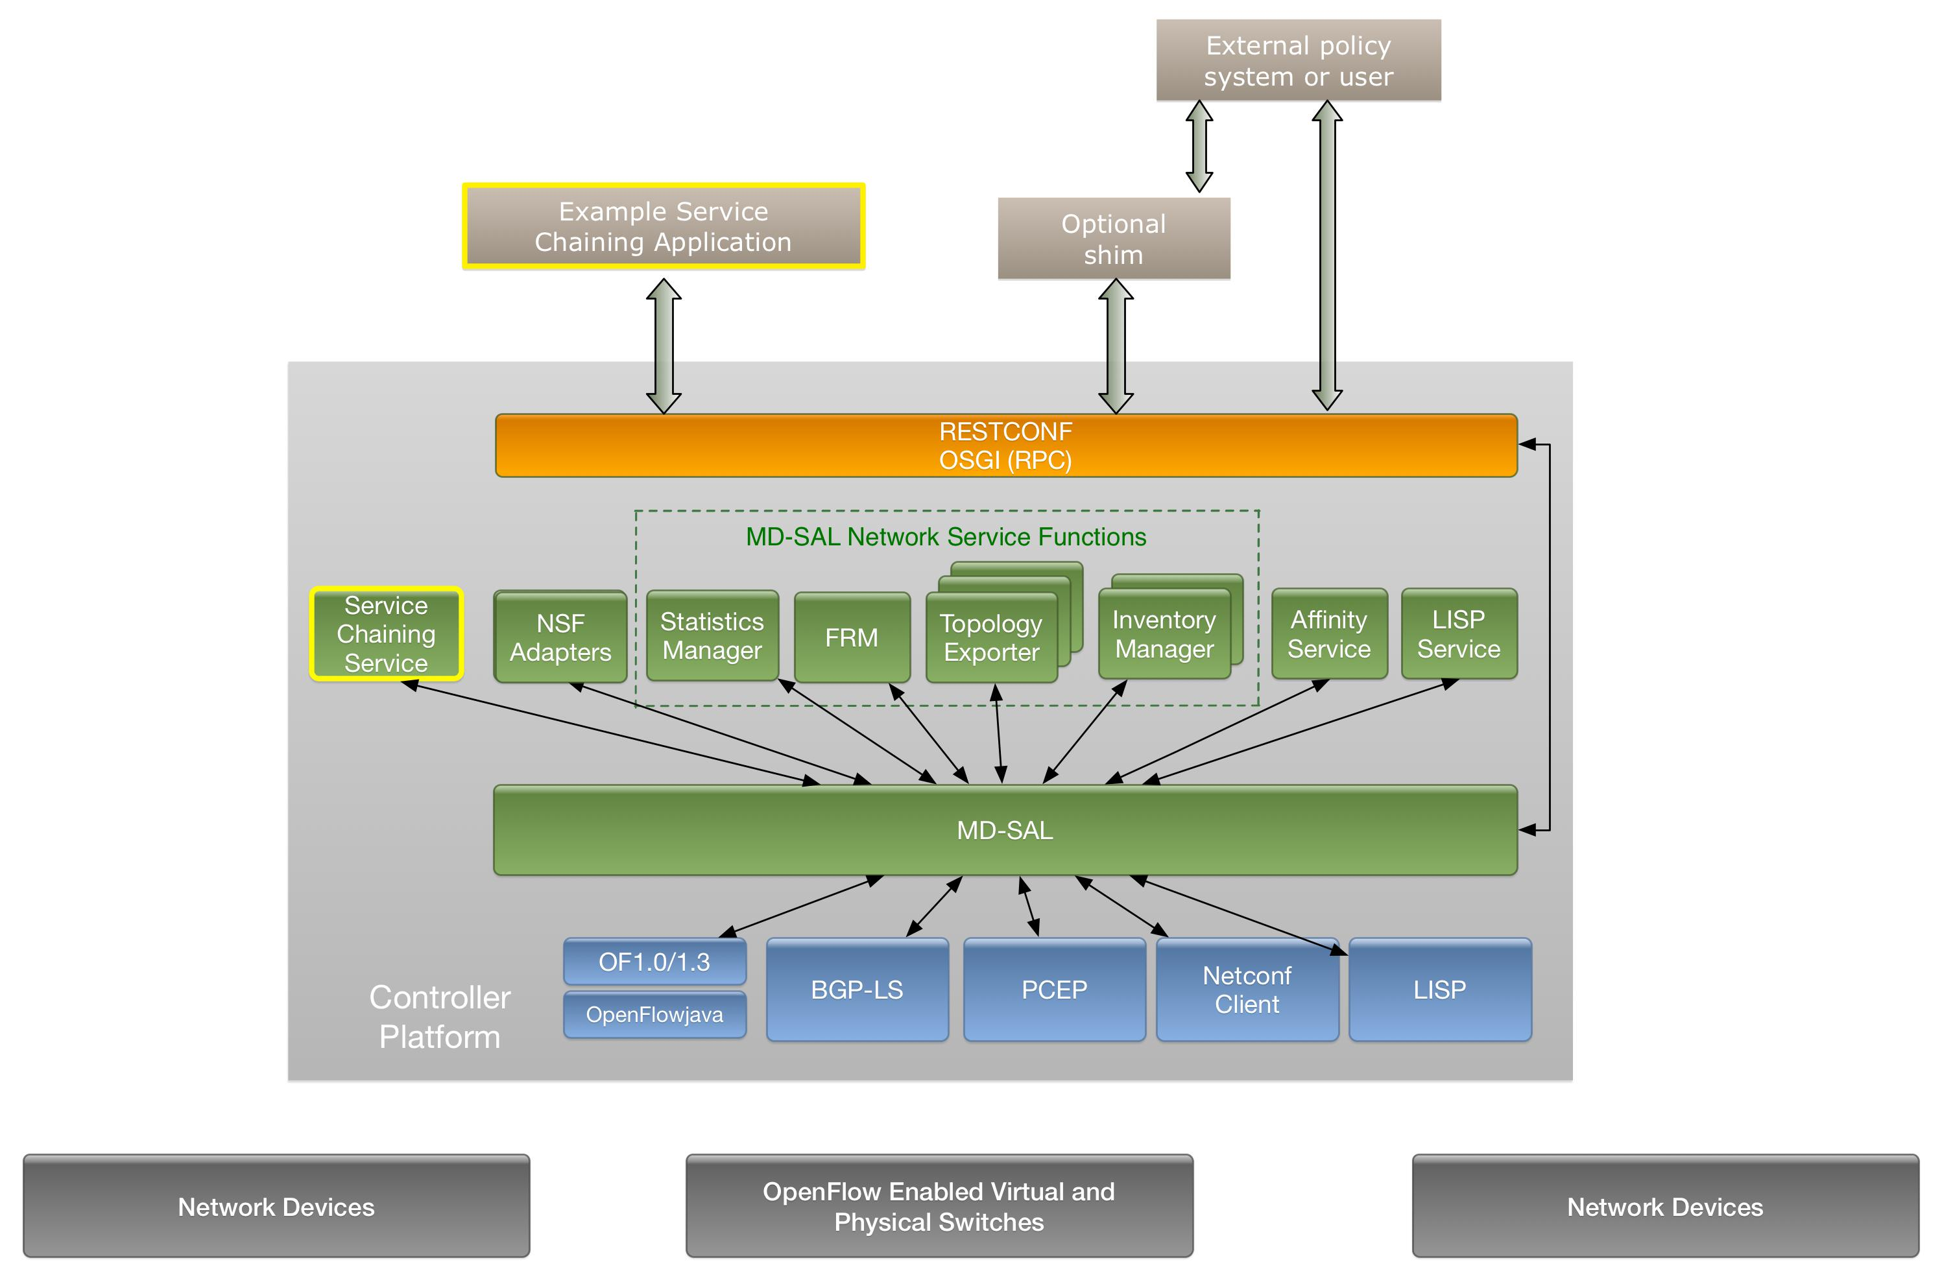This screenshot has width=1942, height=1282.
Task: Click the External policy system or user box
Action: tap(1298, 60)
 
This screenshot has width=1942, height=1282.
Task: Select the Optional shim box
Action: tap(1113, 239)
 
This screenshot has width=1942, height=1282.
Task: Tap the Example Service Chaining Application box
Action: tap(663, 226)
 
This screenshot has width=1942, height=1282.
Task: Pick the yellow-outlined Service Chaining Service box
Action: tap(386, 634)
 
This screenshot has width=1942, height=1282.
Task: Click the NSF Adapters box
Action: tap(560, 637)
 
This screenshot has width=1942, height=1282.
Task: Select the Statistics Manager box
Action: tap(712, 635)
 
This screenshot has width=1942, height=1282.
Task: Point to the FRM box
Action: tap(851, 637)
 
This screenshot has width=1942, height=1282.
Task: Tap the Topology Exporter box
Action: tap(991, 637)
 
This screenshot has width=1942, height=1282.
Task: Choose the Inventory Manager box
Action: tap(1164, 634)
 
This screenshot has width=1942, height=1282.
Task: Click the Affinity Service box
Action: tap(1329, 634)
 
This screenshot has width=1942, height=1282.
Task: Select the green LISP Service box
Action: tap(1458, 634)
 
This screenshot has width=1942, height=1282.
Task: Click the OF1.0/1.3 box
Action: tap(654, 962)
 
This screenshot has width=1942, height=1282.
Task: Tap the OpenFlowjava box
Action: tap(654, 1015)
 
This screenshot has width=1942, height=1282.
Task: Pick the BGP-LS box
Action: tap(857, 990)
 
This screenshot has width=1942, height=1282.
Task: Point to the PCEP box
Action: tap(1054, 990)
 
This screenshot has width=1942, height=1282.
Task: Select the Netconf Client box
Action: tap(1246, 990)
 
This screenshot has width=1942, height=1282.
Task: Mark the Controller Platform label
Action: tap(440, 1017)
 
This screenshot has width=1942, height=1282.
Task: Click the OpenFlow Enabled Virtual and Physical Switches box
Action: tap(939, 1206)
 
